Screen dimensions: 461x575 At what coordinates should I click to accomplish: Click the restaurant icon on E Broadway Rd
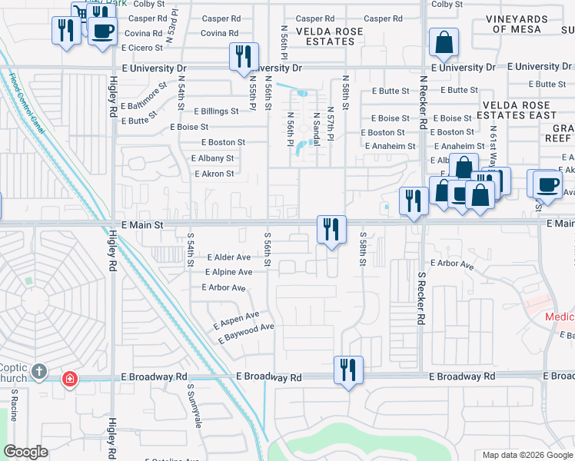tap(347, 370)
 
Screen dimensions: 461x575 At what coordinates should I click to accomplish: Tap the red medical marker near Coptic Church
tap(69, 379)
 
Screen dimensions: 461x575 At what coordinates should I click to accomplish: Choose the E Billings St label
tap(216, 111)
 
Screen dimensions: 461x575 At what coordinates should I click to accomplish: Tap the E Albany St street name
tap(213, 158)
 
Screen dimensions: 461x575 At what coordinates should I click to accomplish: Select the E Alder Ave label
tap(228, 257)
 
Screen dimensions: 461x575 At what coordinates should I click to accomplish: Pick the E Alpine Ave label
tap(229, 272)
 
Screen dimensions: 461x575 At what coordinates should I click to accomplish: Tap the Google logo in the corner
tap(26, 452)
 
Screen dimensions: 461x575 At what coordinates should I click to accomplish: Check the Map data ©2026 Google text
tap(527, 455)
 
